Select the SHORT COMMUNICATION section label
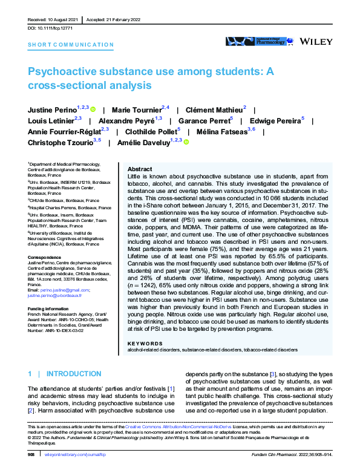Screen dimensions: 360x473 (x=71, y=45)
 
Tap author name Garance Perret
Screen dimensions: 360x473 (x=213, y=121)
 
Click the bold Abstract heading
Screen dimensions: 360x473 (x=140, y=169)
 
